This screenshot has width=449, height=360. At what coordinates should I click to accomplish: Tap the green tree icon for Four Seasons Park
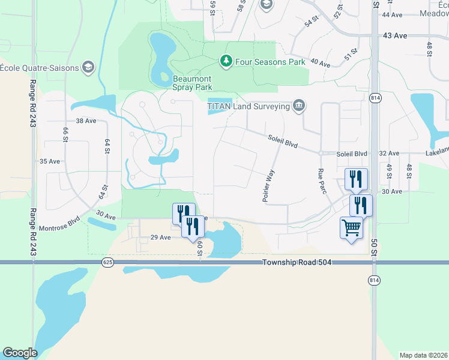226,61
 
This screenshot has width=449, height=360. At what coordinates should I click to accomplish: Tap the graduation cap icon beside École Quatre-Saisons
88,67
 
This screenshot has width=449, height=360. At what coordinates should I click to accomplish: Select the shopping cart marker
351,227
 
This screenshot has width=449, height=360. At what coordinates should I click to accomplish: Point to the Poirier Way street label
270,185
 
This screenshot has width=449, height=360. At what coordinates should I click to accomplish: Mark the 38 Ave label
86,121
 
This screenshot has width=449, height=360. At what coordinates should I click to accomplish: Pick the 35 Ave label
50,161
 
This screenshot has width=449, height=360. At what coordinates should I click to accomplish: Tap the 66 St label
65,135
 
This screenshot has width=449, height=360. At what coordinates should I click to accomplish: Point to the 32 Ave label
389,154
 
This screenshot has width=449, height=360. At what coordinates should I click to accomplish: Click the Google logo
20,353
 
